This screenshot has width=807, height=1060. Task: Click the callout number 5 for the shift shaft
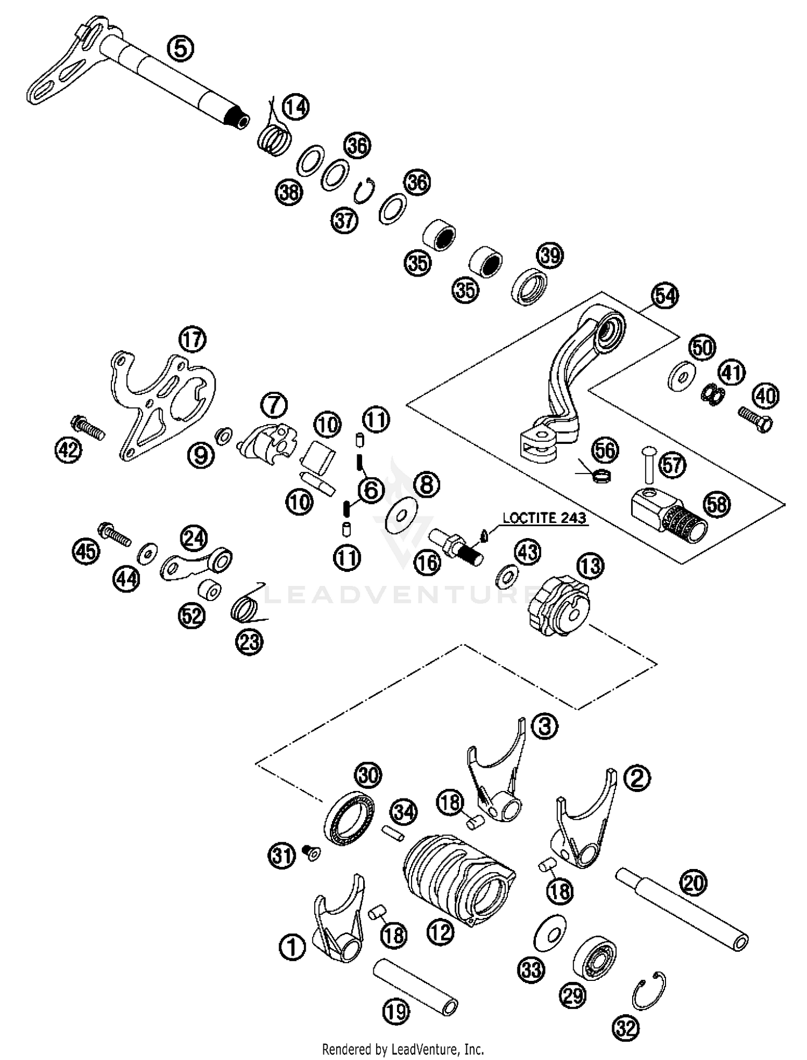point(181,49)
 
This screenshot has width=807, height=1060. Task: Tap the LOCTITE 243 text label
point(544,519)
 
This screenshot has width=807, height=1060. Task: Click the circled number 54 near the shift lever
point(665,296)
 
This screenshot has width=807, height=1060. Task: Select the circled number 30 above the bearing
point(368,775)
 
